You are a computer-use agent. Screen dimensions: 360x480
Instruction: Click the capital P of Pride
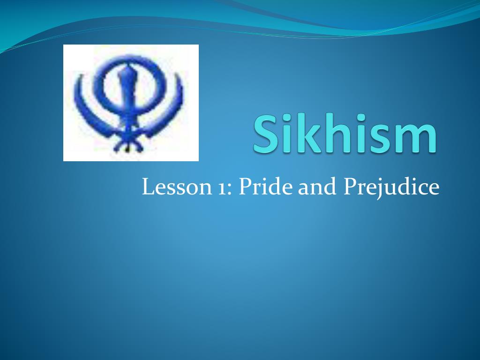(244, 187)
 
